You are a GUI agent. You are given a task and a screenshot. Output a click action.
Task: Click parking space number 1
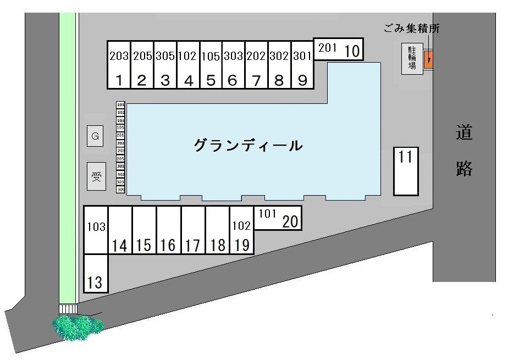(119, 65)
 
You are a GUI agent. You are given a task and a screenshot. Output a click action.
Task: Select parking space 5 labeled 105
(211, 65)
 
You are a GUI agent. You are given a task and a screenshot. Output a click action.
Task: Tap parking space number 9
(302, 65)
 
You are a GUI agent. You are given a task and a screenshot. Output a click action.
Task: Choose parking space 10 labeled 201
(339, 50)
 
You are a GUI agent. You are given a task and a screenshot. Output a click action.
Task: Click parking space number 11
(406, 171)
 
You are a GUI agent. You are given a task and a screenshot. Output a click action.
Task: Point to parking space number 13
(95, 273)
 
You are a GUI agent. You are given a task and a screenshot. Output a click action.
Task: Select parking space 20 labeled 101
(278, 218)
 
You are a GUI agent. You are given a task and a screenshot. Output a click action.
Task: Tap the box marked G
(95, 136)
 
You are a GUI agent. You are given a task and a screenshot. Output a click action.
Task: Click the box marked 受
(96, 176)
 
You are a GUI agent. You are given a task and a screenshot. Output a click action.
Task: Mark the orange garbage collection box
(429, 60)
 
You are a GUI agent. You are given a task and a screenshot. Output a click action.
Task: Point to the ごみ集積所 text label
(412, 29)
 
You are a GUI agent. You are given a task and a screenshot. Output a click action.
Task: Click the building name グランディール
(248, 146)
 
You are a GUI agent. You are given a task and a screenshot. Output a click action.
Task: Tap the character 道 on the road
(464, 133)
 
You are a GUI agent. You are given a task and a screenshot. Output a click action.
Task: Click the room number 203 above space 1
(119, 56)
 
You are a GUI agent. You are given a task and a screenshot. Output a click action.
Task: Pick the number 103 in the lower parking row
(96, 226)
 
